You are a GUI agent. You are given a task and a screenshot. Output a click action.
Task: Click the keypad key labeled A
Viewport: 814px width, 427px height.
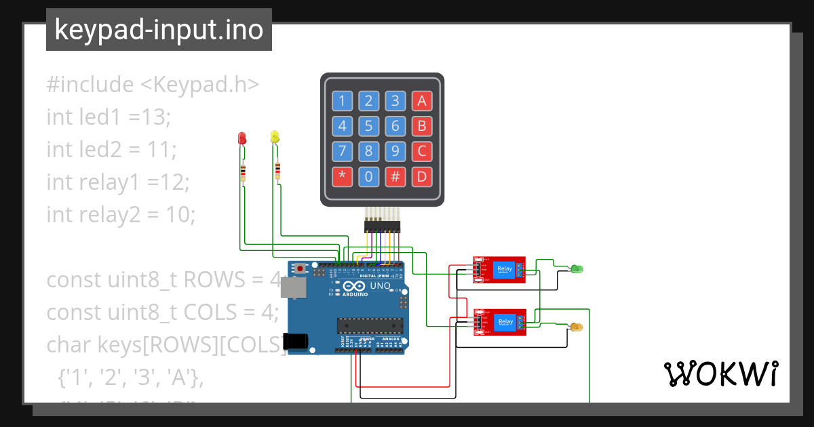[x=422, y=102]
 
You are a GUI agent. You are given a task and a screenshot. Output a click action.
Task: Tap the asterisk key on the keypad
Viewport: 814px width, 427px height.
[x=342, y=178]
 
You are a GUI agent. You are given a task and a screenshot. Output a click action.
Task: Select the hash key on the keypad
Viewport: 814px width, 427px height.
[x=395, y=178]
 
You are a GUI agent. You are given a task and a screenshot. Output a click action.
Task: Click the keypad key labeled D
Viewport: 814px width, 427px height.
[x=422, y=178]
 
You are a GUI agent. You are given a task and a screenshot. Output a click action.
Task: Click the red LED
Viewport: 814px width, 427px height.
[x=242, y=138]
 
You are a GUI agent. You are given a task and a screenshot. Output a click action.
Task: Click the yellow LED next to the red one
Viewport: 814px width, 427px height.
[x=275, y=137]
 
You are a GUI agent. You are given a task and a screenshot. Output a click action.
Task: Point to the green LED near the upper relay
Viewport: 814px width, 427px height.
[x=577, y=269]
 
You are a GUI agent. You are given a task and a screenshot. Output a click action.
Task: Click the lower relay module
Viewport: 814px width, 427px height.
[x=499, y=321]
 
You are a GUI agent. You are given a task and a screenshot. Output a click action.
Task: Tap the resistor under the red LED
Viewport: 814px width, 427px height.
[x=243, y=174]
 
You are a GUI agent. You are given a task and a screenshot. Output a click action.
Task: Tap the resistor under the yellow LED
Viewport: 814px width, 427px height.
[x=277, y=170]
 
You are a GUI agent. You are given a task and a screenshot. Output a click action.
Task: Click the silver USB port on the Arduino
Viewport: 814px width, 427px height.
[x=296, y=287]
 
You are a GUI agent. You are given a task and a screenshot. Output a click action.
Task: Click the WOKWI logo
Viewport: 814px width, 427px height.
[x=720, y=374]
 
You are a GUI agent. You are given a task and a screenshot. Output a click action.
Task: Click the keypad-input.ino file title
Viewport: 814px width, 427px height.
[x=159, y=30]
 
